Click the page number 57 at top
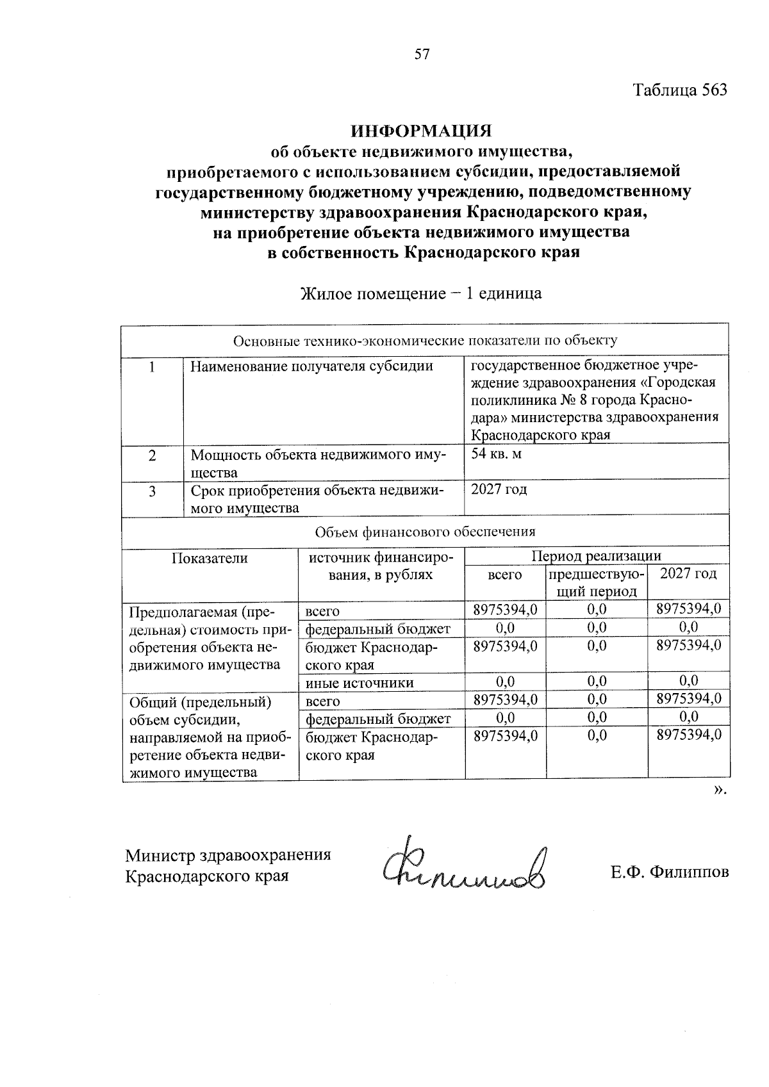click(421, 54)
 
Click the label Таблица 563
click(681, 90)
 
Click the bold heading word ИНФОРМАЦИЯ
click(421, 131)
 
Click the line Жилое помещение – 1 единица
click(421, 294)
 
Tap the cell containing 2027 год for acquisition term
click(499, 490)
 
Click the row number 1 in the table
click(152, 367)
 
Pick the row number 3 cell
click(152, 491)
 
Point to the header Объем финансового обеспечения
click(425, 532)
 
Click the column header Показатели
click(210, 558)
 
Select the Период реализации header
click(596, 555)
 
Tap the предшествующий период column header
click(596, 582)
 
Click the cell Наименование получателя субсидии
click(312, 366)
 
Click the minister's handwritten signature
click(465, 866)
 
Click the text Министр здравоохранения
click(228, 856)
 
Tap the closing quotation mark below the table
click(720, 789)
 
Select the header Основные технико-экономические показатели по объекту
click(425, 341)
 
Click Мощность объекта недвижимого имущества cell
click(318, 463)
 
